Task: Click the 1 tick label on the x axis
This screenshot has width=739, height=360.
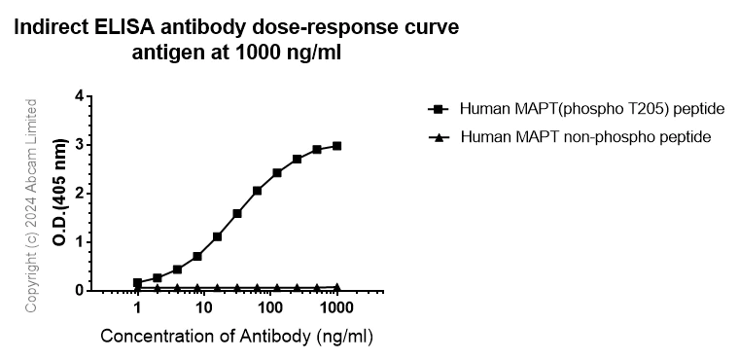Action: point(137,308)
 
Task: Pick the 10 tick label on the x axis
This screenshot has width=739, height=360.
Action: point(203,308)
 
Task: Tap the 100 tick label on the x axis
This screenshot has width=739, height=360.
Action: point(270,308)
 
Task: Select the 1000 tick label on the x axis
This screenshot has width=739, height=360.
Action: point(336,308)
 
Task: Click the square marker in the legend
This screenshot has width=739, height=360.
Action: point(438,108)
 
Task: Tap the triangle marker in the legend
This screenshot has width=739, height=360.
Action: point(438,137)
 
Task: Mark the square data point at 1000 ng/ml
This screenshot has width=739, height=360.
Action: point(336,146)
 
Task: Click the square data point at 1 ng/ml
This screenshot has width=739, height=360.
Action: point(137,282)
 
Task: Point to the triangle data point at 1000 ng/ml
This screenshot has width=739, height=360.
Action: point(336,287)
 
